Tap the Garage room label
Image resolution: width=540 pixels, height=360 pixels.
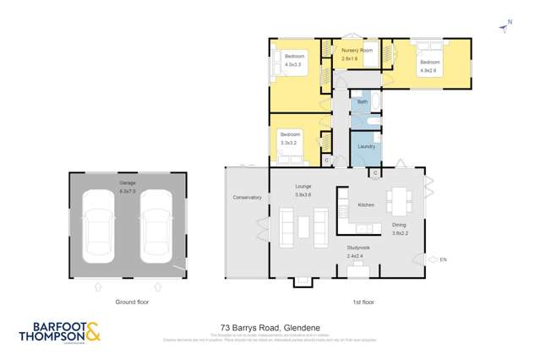tap(128, 183)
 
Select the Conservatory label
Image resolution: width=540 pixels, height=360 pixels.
tap(248, 198)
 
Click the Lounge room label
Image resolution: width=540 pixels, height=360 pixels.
tap(303, 186)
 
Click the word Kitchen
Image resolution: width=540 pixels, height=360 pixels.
tap(366, 205)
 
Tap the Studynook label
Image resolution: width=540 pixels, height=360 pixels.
tap(356, 248)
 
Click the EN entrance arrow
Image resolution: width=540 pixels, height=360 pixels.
tap(434, 259)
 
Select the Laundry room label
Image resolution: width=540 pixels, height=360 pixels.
tap(366, 147)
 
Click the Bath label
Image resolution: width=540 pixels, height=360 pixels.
tap(363, 102)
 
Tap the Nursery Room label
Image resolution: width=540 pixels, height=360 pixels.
tap(357, 51)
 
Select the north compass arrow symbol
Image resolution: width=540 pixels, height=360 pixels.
tap(505, 29)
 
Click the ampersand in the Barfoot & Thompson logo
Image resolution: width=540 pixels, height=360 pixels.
tap(92, 332)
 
